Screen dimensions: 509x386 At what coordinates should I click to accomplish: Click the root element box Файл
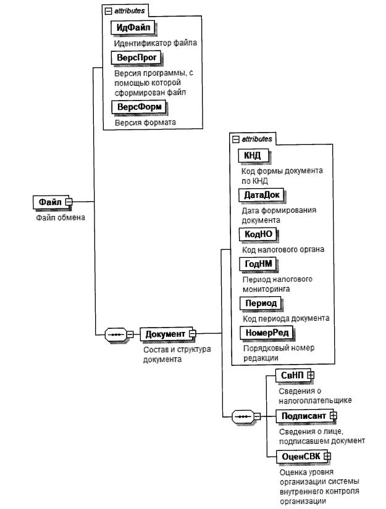(49, 202)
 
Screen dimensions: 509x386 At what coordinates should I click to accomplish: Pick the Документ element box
(166, 334)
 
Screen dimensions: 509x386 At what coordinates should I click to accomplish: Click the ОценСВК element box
(299, 456)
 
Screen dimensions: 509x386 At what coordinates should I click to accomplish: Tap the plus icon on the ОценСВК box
(327, 456)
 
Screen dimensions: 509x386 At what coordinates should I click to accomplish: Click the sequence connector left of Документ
(115, 334)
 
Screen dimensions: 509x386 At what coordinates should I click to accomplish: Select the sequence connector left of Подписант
(241, 416)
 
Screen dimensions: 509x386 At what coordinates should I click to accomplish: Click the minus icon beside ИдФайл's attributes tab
(108, 10)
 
